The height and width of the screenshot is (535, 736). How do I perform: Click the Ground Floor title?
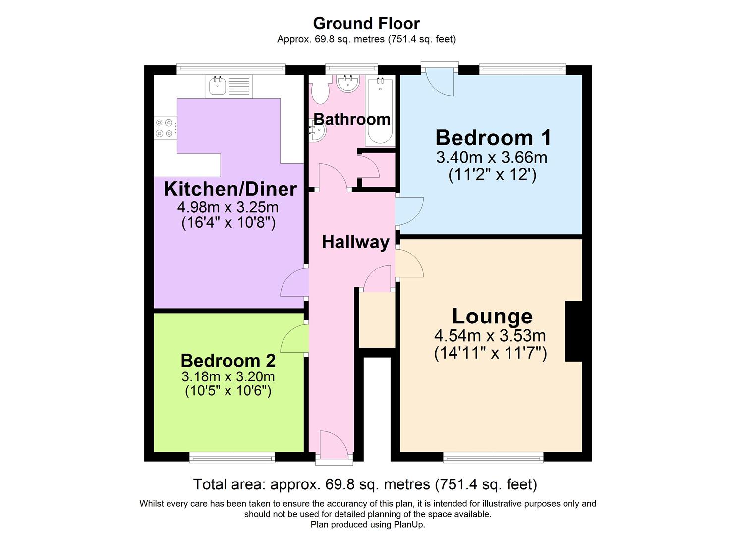click(366, 23)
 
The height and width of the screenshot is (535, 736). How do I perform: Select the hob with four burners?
click(165, 128)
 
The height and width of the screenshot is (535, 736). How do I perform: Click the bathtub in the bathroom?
click(380, 111)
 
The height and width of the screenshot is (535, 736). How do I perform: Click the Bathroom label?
click(352, 119)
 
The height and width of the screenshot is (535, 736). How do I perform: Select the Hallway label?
click(355, 242)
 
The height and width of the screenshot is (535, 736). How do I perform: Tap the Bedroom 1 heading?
click(493, 137)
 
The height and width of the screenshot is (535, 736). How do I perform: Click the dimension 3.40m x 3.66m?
click(492, 158)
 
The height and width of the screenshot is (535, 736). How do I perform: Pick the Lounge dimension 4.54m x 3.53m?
click(490, 336)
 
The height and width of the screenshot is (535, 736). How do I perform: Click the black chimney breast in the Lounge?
click(573, 331)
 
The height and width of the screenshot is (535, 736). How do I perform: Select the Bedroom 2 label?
click(228, 360)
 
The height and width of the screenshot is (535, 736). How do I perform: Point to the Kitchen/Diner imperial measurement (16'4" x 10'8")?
click(228, 223)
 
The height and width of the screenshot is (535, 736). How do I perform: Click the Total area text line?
click(365, 484)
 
